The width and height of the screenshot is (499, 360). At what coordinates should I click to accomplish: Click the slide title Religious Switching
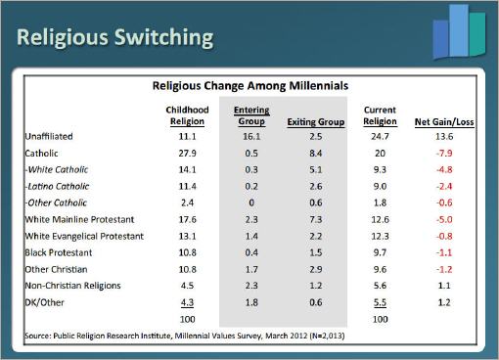tap(115, 38)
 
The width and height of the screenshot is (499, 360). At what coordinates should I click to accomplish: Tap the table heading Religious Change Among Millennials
tap(250, 86)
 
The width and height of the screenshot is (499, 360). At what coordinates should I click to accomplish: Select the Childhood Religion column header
tap(187, 115)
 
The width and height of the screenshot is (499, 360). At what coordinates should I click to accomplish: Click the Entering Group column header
tap(251, 115)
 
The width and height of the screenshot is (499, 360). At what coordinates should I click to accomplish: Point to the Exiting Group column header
tap(316, 122)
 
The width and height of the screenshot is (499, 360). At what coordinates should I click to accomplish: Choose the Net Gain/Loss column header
tap(444, 122)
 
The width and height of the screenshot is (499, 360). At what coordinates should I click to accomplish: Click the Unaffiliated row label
tap(49, 136)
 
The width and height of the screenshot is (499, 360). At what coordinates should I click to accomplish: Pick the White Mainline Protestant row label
tap(79, 219)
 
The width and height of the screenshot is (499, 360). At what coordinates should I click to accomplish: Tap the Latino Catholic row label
tap(57, 186)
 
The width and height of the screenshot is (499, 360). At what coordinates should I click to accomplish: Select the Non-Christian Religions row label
tap(72, 286)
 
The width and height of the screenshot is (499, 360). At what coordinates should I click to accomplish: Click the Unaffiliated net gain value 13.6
tap(444, 136)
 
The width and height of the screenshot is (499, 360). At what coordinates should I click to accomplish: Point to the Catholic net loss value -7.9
tap(444, 153)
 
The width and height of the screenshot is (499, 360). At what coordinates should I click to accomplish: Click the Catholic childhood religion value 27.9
tap(187, 153)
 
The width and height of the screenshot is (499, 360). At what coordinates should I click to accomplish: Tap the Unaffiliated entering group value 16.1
tap(251, 136)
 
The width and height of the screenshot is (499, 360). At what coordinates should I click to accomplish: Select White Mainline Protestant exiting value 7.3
tap(316, 219)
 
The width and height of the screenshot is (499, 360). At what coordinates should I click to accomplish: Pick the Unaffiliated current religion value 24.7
tap(380, 136)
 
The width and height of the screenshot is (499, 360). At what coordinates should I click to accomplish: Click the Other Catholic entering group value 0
tap(251, 202)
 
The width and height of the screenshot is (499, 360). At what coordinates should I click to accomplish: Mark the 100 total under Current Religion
tap(380, 319)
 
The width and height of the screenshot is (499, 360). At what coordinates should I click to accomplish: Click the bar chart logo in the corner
tap(459, 32)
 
